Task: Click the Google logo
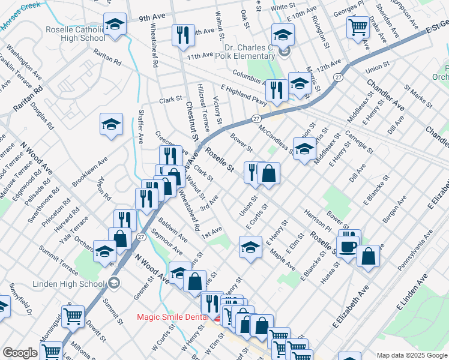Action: [20, 353]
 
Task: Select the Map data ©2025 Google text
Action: [411, 355]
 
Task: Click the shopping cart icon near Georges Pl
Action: [358, 26]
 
